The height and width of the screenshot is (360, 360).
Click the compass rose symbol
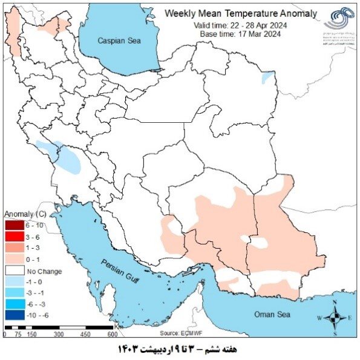click(334, 317)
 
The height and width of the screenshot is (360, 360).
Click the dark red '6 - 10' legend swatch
click(14, 225)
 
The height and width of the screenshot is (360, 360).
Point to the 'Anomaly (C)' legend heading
click(25, 215)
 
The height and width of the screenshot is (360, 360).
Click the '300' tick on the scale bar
click(59, 334)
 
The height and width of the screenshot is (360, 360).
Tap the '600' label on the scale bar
click(112, 334)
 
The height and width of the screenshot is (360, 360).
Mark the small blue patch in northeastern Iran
click(267, 78)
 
